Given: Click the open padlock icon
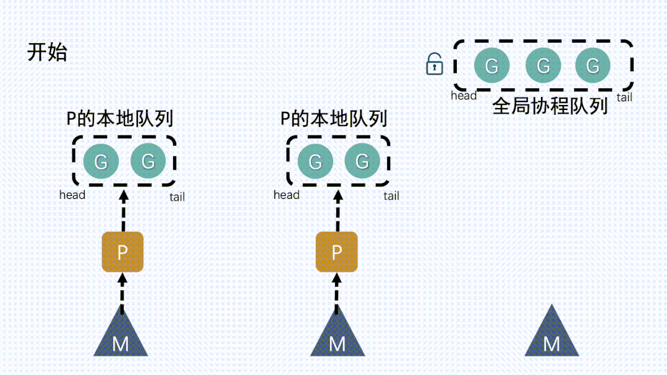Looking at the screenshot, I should coord(435,64).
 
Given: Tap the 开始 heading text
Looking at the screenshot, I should coord(47,53).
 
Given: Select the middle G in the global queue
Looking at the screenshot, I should coord(543,65).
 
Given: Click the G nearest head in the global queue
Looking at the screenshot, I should coord(492,65).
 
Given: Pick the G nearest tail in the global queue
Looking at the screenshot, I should coord(593,65).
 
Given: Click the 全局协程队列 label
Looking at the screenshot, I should coord(550,106).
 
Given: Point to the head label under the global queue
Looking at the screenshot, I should coord(464,96).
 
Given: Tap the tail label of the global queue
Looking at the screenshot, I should coord(624,97).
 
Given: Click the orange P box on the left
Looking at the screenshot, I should coord(122,252).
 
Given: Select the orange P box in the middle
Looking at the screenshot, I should coord(337,252).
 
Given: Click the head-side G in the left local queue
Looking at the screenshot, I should coord(101,162).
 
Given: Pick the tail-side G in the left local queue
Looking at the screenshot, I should coord(148,161).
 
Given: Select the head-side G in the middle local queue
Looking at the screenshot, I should coord(315,162).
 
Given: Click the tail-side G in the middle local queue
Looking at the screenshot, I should coord(362,161).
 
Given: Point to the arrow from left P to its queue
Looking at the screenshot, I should coord(122,210).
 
